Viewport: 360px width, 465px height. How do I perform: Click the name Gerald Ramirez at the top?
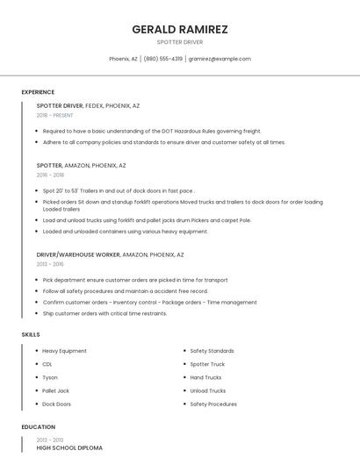[179, 29]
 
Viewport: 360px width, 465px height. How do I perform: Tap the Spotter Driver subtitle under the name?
[179, 41]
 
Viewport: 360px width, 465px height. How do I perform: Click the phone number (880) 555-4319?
[163, 59]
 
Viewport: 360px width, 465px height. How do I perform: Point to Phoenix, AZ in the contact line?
[123, 59]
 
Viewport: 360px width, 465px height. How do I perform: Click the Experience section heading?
[38, 92]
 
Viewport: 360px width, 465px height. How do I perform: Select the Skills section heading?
[31, 334]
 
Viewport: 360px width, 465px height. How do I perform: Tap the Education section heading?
[38, 427]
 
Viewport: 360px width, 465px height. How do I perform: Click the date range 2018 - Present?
[54, 115]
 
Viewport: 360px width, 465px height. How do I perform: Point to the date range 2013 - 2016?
[50, 264]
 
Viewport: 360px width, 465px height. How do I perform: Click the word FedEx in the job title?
[94, 105]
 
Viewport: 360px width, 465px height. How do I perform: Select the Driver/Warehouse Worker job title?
[78, 254]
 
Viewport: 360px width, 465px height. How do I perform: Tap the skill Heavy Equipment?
[64, 351]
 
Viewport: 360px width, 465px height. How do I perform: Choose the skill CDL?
[47, 364]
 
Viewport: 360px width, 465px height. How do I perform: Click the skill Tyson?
[50, 377]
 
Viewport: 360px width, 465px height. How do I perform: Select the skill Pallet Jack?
[55, 390]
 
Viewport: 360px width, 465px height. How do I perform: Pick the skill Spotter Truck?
[207, 364]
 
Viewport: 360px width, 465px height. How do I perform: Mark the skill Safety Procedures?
[213, 404]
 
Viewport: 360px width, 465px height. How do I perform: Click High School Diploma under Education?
[69, 448]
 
